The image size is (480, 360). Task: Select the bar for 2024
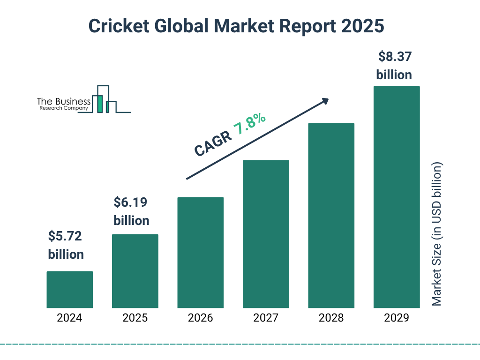tap(69, 290)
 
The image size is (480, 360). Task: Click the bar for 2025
tap(135, 271)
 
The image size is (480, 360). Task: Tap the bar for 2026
tap(200, 253)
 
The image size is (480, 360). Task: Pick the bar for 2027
tap(266, 234)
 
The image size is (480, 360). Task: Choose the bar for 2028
tap(331, 216)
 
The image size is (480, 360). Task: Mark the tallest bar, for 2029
tap(397, 197)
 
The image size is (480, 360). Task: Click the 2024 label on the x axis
tap(69, 318)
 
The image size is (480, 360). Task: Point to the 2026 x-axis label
tap(200, 318)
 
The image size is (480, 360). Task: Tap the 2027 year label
tap(266, 318)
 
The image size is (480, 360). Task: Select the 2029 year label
tap(397, 318)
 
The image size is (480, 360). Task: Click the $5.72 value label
tap(66, 236)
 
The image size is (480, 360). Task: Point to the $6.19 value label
tap(131, 202)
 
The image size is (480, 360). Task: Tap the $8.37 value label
tap(395, 57)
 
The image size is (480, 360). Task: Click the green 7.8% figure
tap(250, 124)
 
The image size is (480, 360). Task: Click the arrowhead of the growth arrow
tap(324, 100)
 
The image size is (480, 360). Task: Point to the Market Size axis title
tap(437, 234)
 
